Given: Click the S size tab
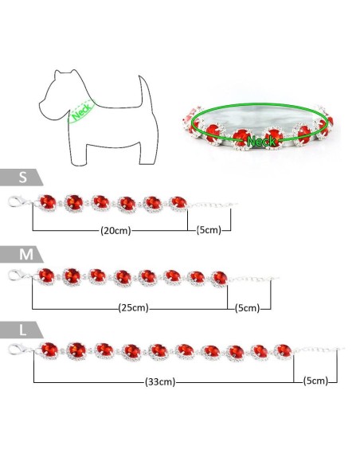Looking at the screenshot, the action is (x=21, y=178).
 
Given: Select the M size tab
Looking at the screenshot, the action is (x=22, y=254).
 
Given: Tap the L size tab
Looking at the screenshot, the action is (x=22, y=330).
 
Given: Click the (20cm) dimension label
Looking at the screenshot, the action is (x=115, y=230).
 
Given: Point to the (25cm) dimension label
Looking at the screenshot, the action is (x=134, y=307).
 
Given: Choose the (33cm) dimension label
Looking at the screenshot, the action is (x=160, y=381).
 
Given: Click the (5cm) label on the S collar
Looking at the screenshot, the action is (x=209, y=230).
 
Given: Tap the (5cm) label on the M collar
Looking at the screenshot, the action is (x=248, y=308).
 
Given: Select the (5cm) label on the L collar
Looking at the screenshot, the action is (x=315, y=381).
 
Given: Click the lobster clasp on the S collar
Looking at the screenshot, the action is (x=18, y=201).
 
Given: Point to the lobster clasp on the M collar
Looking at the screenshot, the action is (x=18, y=275).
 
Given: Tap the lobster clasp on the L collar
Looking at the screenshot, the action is (x=19, y=349).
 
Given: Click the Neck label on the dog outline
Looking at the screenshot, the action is (x=81, y=111).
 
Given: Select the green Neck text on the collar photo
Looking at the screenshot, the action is (x=261, y=141).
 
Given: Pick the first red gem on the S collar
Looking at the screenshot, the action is (x=48, y=202).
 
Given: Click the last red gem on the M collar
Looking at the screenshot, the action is (x=220, y=279).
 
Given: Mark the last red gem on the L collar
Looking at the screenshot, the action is (x=283, y=351).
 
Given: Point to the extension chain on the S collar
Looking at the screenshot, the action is (x=213, y=205).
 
